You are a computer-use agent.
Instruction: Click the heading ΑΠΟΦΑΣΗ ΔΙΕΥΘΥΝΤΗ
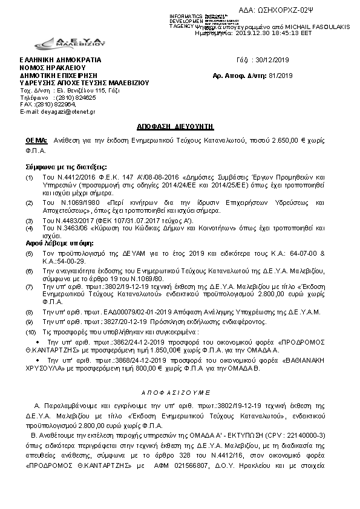pyautogui.click(x=180, y=128)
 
